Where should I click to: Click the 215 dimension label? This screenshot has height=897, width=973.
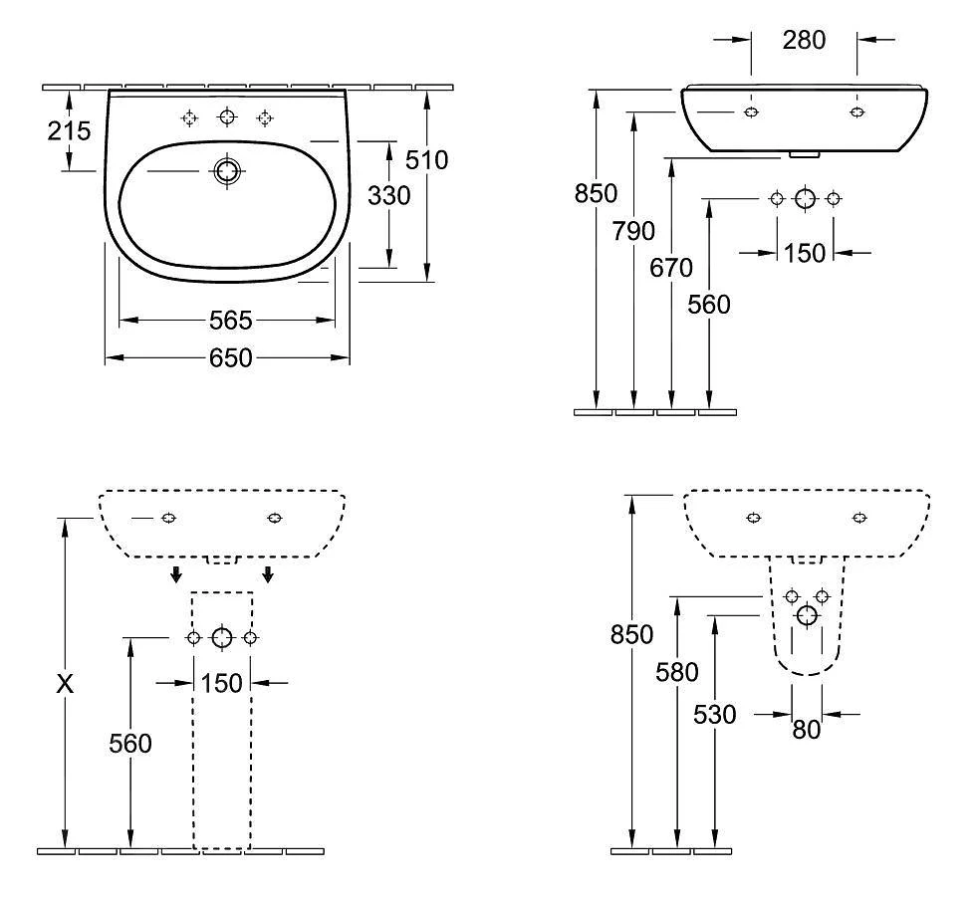pyautogui.click(x=69, y=130)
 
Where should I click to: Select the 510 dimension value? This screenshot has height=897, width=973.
pyautogui.click(x=427, y=159)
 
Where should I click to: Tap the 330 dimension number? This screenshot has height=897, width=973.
pyautogui.click(x=388, y=196)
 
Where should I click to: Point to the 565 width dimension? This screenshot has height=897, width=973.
pyautogui.click(x=230, y=321)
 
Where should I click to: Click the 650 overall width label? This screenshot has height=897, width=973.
pyautogui.click(x=230, y=357)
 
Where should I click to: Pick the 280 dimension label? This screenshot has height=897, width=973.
pyautogui.click(x=804, y=40)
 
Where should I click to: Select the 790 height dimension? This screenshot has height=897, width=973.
pyautogui.click(x=634, y=231)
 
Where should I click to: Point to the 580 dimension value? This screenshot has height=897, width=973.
pyautogui.click(x=677, y=673)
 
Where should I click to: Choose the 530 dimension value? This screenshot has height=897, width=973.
pyautogui.click(x=714, y=714)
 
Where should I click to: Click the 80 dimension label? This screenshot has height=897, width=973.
pyautogui.click(x=807, y=730)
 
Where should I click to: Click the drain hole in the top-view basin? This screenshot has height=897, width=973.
pyautogui.click(x=227, y=171)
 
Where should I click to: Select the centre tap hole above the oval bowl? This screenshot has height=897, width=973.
pyautogui.click(x=227, y=118)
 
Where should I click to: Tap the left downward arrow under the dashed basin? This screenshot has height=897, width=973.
pyautogui.click(x=176, y=573)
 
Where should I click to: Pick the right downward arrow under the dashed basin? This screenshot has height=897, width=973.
pyautogui.click(x=268, y=573)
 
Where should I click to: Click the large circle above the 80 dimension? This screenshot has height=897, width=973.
pyautogui.click(x=807, y=616)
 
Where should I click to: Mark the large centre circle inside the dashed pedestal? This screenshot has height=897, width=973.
pyautogui.click(x=222, y=638)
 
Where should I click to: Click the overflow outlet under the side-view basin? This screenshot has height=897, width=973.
pyautogui.click(x=803, y=154)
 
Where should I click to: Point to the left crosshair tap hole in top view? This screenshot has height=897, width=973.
pyautogui.click(x=189, y=118)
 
